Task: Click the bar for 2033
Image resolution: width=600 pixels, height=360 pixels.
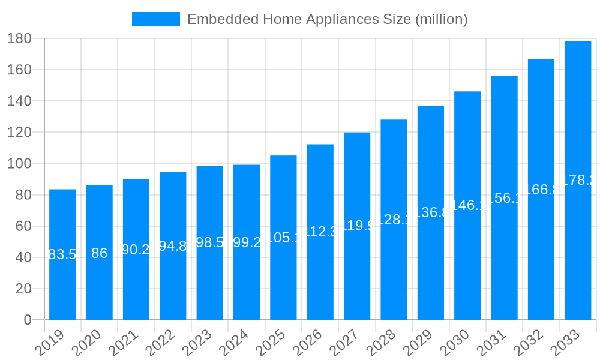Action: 578,180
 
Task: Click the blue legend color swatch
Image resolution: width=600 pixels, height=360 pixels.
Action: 155,19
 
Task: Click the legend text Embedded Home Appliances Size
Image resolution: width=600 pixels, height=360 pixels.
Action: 327,19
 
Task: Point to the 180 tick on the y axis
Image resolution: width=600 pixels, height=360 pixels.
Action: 19,38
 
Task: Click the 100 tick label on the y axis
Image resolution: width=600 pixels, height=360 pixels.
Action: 19,164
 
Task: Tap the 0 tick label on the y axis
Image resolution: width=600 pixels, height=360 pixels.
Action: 27,320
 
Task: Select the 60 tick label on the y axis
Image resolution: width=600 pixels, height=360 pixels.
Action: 23,226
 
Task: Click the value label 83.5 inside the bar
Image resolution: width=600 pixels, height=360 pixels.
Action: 62,254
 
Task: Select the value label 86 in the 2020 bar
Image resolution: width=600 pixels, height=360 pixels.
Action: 99,253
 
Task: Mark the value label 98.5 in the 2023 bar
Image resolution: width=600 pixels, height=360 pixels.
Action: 210,242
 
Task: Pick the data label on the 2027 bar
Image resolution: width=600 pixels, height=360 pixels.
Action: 357,226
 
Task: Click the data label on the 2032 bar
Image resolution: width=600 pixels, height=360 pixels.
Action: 541,190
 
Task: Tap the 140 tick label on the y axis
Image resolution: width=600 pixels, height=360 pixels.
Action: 19,101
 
